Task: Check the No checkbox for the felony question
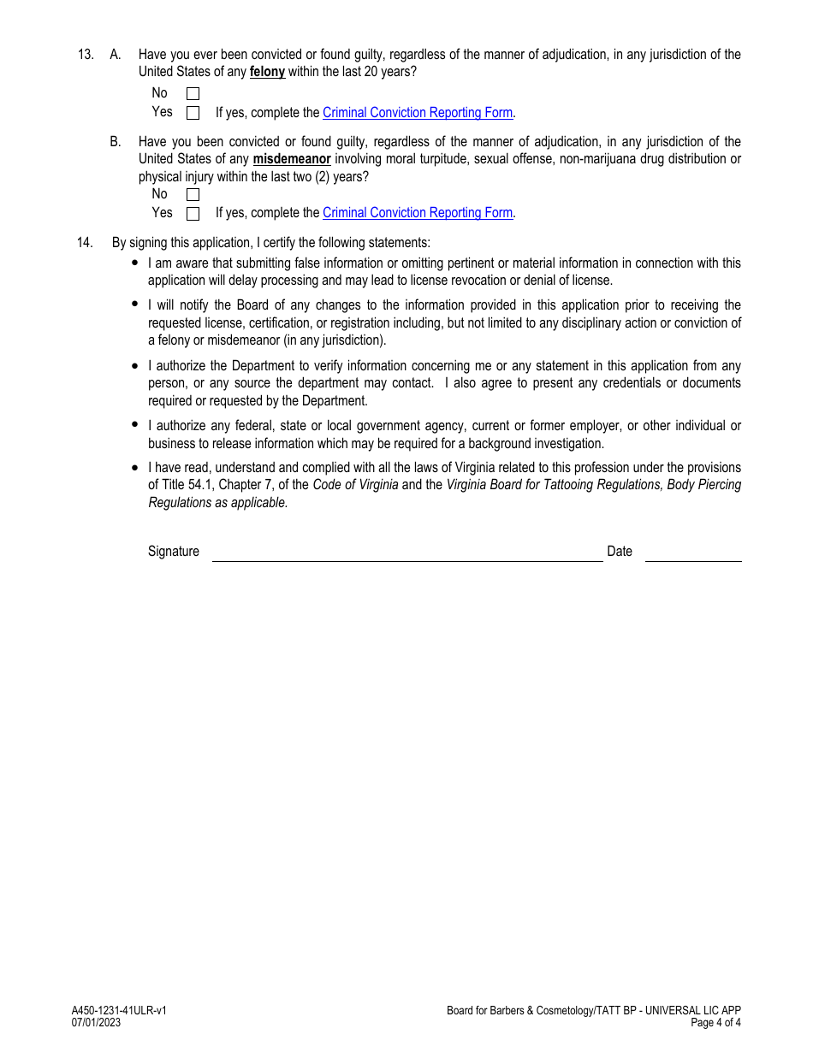[x=193, y=94]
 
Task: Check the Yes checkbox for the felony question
[x=193, y=113]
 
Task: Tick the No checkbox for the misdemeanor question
[x=193, y=195]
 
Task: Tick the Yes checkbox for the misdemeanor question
[x=193, y=214]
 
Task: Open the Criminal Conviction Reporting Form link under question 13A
[x=418, y=113]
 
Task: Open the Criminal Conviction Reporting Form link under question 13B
[x=418, y=213]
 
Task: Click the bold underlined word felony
[x=267, y=72]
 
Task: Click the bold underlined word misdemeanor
[x=292, y=159]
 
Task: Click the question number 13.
[x=85, y=55]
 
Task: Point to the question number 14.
[x=85, y=243]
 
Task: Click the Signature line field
[x=407, y=553]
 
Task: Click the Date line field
[x=693, y=553]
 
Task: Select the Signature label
[x=174, y=552]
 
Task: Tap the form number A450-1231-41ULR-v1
[x=119, y=1011]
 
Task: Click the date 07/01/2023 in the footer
[x=96, y=1023]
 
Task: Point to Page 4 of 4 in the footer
[x=715, y=1023]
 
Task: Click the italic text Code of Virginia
[x=355, y=485]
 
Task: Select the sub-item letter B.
[x=115, y=142]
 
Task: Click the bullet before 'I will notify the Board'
[x=135, y=304]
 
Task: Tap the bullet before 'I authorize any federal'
[x=135, y=424]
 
